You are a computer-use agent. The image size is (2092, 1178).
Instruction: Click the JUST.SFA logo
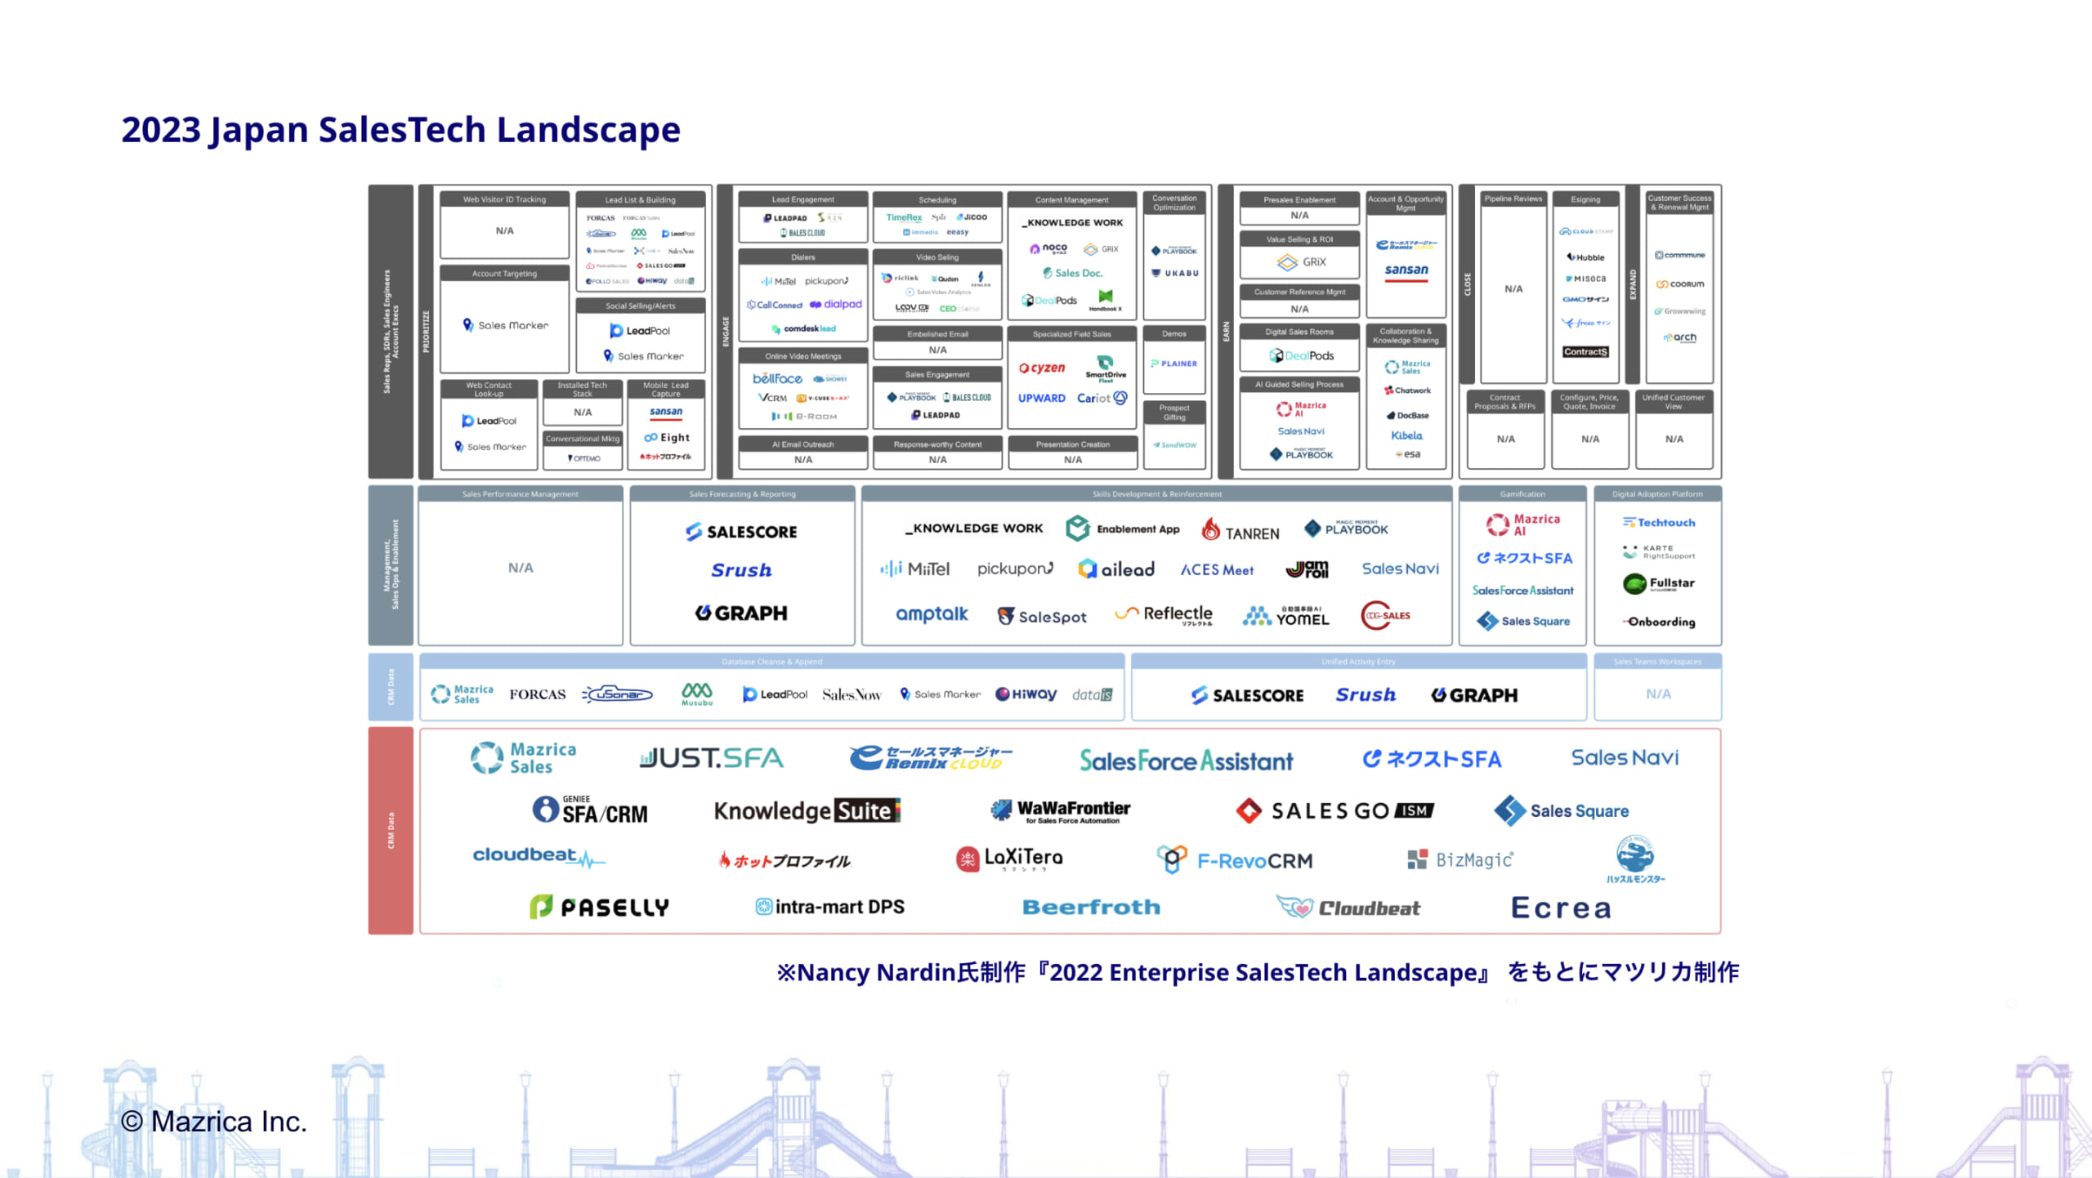tap(711, 759)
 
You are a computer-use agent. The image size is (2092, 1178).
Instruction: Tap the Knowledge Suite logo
tap(807, 810)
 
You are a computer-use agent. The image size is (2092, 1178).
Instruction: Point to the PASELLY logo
tap(599, 907)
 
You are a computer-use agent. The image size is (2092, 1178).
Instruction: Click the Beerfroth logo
tap(1091, 907)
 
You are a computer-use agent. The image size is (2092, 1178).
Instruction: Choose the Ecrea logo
tap(1561, 908)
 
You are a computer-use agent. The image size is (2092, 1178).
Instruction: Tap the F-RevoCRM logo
tap(1235, 860)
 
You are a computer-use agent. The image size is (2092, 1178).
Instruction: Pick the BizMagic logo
tap(1460, 859)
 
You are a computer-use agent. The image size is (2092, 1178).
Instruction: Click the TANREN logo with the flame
tap(1240, 532)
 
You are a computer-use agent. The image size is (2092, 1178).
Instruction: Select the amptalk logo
tap(932, 614)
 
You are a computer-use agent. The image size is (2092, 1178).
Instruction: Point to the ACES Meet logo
tap(1217, 570)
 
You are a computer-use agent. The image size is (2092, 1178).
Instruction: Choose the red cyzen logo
tap(1042, 368)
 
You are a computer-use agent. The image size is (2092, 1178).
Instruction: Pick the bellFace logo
tap(777, 379)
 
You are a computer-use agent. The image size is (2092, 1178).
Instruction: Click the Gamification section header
tap(1522, 494)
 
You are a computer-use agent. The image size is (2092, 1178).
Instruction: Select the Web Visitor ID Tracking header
tap(504, 199)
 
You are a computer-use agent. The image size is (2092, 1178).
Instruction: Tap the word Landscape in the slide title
tap(588, 130)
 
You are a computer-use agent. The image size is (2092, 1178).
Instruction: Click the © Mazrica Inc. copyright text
tap(214, 1122)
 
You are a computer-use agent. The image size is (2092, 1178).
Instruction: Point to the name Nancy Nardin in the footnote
tap(876, 972)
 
